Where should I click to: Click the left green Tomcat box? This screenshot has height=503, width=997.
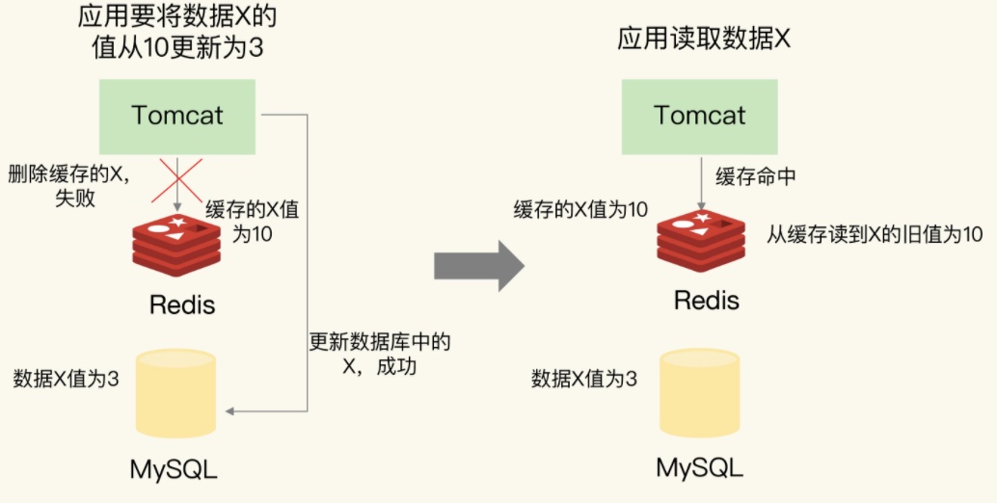177,116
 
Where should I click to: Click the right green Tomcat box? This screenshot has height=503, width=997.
700,116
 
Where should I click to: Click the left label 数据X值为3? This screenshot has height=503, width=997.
67,379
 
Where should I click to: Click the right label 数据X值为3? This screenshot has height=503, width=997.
584,379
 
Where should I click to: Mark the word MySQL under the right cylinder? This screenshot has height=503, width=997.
700,468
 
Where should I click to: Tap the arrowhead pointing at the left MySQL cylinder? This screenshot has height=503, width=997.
230,411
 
